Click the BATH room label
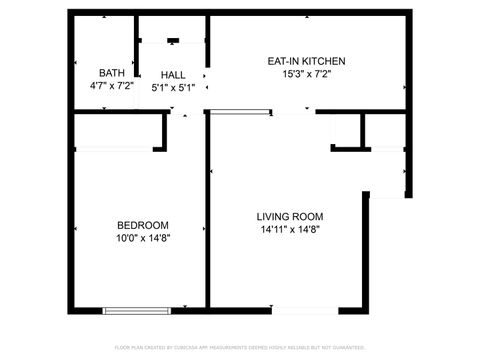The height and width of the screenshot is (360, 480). point(110,74)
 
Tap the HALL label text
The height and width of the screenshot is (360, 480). point(173,75)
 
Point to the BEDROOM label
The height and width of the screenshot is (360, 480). point(142,225)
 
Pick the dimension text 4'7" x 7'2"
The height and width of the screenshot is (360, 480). point(110,87)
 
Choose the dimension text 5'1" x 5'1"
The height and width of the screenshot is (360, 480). point(173,87)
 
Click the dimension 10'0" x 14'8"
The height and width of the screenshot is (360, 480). point(142,238)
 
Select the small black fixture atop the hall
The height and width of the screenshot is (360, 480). point(173,41)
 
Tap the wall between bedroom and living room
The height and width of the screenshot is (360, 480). point(209,220)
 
